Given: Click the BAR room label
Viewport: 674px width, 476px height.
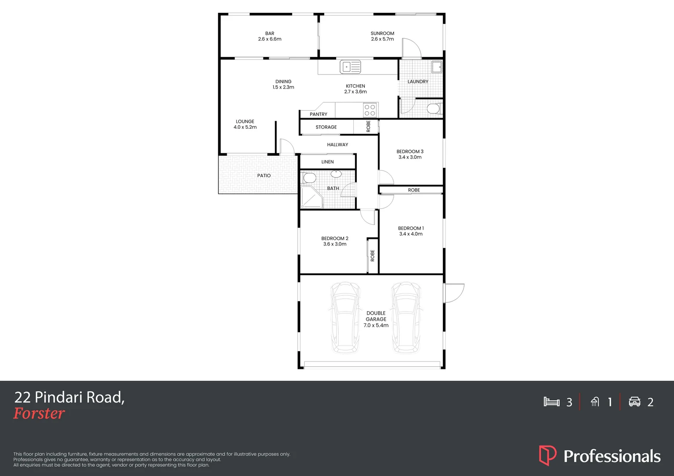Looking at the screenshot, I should pos(270,33).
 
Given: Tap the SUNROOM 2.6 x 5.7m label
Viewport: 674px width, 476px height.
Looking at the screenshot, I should pos(382,36).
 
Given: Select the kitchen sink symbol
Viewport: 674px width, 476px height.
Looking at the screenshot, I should pos(351,67).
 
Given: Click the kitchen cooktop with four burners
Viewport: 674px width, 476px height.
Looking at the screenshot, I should pos(370,110).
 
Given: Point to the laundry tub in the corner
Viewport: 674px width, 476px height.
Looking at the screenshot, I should pos(436,67).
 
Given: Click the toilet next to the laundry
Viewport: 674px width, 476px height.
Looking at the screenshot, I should pos(434,108).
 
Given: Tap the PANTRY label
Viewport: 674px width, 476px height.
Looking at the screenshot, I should pos(318,114).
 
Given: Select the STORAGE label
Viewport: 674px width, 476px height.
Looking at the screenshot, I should pos(326,127).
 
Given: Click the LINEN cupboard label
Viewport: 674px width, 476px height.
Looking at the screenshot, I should pos(327,162).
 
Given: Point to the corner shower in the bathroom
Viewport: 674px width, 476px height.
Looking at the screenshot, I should pos(311,197).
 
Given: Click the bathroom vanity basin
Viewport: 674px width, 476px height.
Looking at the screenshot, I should pos(336,174).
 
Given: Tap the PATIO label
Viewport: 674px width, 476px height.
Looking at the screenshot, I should pos(264,175).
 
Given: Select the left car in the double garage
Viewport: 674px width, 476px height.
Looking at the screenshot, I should pos(345,317).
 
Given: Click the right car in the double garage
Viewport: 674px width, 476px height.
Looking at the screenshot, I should pos(406,317).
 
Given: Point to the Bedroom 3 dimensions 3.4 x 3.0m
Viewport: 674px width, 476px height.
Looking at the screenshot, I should pos(410,157).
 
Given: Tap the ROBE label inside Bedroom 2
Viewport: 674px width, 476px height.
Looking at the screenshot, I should pos(373,256).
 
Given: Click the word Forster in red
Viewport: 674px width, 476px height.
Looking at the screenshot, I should pos(39,413).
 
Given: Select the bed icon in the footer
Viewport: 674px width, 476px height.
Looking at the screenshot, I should pos(551,402).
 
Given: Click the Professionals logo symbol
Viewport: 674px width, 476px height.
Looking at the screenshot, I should pos(547,455).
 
